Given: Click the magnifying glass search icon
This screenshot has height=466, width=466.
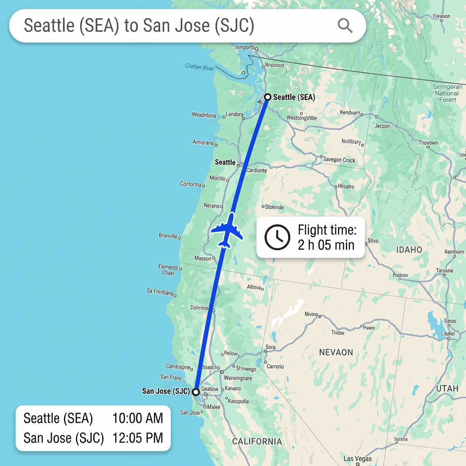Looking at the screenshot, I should click(x=345, y=26).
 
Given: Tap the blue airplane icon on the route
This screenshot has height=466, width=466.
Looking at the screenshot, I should click(x=226, y=230).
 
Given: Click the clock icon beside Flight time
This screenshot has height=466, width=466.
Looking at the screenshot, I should click(x=277, y=237).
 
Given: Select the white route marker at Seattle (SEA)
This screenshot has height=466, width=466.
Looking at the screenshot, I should click(x=268, y=97).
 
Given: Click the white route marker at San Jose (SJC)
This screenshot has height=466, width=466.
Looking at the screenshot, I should click(x=196, y=391).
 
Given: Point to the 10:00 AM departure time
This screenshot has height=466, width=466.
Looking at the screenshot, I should click(x=137, y=418).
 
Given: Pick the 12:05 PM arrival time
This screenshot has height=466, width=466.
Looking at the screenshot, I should click(x=137, y=438).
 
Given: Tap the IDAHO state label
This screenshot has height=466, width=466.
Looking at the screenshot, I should click(x=409, y=250).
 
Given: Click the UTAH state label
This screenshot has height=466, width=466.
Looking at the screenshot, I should click(x=447, y=389).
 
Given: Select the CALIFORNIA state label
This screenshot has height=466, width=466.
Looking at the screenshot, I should click(x=257, y=441).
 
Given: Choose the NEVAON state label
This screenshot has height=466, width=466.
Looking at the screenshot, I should click(x=336, y=352).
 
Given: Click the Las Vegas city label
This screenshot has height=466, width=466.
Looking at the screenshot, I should click(x=358, y=459).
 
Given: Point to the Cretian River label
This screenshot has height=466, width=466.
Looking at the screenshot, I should click(x=199, y=67).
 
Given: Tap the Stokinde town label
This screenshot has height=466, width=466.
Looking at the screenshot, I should click(x=274, y=208).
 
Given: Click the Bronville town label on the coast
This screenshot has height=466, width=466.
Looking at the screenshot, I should click(x=168, y=236).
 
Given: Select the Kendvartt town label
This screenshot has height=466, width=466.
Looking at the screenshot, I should click(x=350, y=112).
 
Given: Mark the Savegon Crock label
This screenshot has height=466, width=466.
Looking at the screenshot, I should click(x=339, y=160).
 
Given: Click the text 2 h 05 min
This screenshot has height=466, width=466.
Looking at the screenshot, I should click(x=326, y=245).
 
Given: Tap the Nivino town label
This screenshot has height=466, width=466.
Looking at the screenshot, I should click(x=311, y=314).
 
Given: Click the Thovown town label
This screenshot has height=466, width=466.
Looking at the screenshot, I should click(x=428, y=143).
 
